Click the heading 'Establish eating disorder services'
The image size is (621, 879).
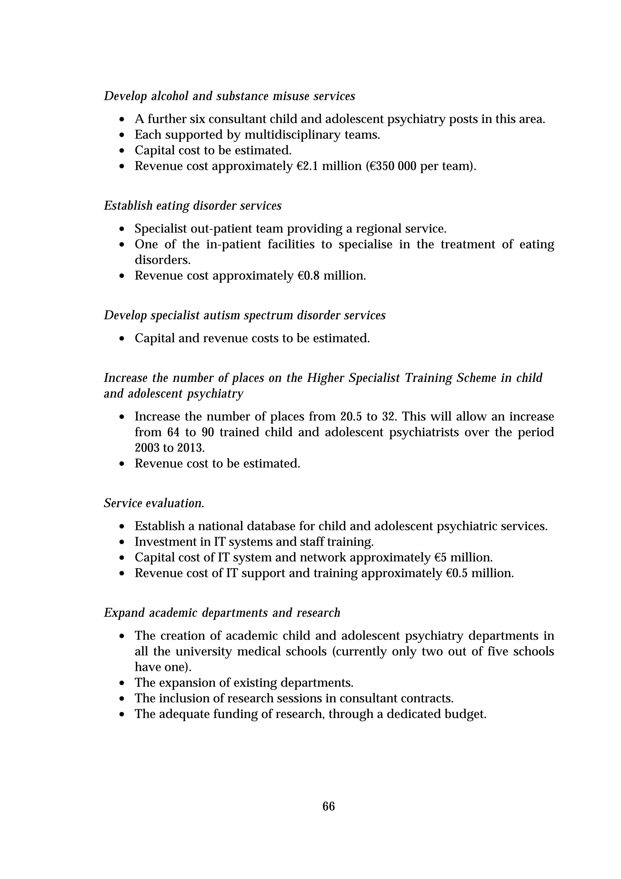click(193, 206)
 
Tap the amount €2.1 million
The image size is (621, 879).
click(329, 166)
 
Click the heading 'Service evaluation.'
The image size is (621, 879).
click(154, 503)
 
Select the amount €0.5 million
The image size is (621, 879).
click(479, 573)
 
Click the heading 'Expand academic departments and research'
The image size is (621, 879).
click(222, 613)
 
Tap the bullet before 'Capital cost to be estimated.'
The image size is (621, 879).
click(122, 151)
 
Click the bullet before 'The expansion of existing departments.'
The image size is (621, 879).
click(122, 683)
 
